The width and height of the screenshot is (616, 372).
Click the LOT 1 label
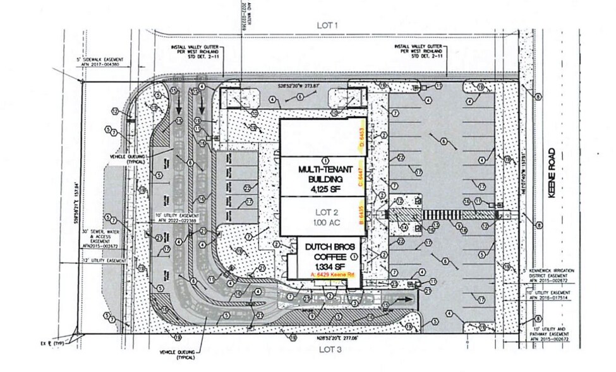coord(328,25)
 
